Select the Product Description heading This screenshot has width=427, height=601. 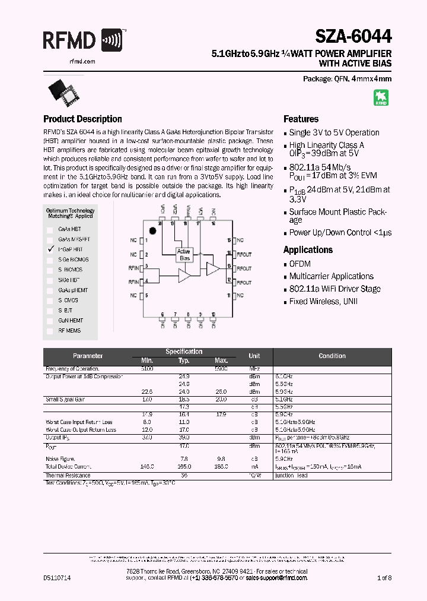(82, 119)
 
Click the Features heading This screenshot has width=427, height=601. (301, 119)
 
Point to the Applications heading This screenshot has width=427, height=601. (308, 250)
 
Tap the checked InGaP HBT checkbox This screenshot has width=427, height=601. (51, 249)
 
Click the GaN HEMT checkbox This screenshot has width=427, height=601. (51, 320)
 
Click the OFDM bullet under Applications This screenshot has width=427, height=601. (299, 264)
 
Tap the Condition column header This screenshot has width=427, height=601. (332, 356)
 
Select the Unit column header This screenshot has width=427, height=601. (254, 356)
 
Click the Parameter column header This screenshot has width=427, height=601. (88, 356)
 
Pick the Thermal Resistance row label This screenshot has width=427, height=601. (68, 475)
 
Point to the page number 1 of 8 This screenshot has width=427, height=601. (383, 577)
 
